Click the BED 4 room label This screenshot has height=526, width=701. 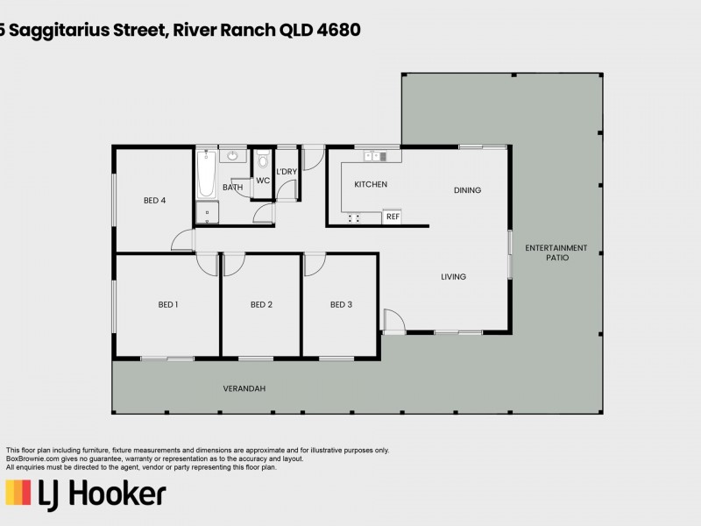(155, 201)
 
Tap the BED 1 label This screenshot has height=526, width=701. (168, 304)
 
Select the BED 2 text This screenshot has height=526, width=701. (261, 304)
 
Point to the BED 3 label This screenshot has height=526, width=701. (341, 304)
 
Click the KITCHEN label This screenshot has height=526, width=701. (371, 184)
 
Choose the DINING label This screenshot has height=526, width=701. (468, 190)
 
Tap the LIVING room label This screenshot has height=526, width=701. (453, 277)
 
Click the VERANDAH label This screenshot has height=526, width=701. (244, 388)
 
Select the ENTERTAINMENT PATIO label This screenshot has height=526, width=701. (556, 252)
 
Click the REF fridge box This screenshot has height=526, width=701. (392, 217)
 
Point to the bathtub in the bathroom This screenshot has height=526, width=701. (207, 174)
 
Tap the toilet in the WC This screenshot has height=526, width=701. (264, 159)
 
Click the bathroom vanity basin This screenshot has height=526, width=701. (232, 156)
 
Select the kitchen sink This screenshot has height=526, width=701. (375, 156)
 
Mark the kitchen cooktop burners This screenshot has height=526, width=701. (354, 218)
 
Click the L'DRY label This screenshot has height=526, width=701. (287, 172)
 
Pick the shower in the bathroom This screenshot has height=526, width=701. (207, 212)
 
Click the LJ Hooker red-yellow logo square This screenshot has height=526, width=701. (18, 493)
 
